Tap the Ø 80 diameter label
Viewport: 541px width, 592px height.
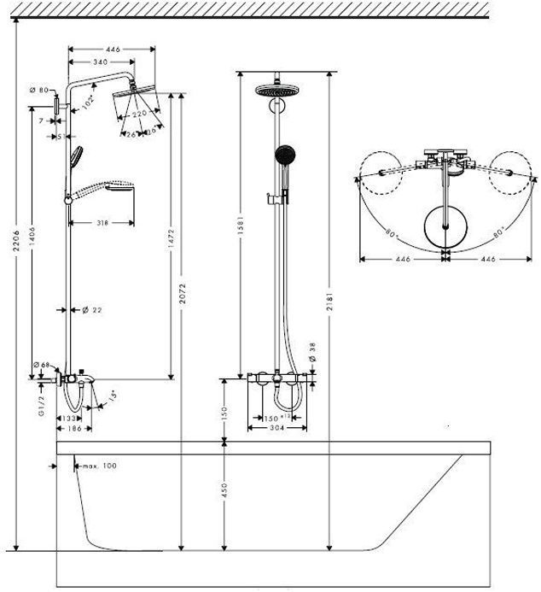[x=38, y=89]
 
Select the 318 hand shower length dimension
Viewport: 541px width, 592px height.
[x=102, y=223]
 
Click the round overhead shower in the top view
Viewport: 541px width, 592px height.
[x=446, y=225]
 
